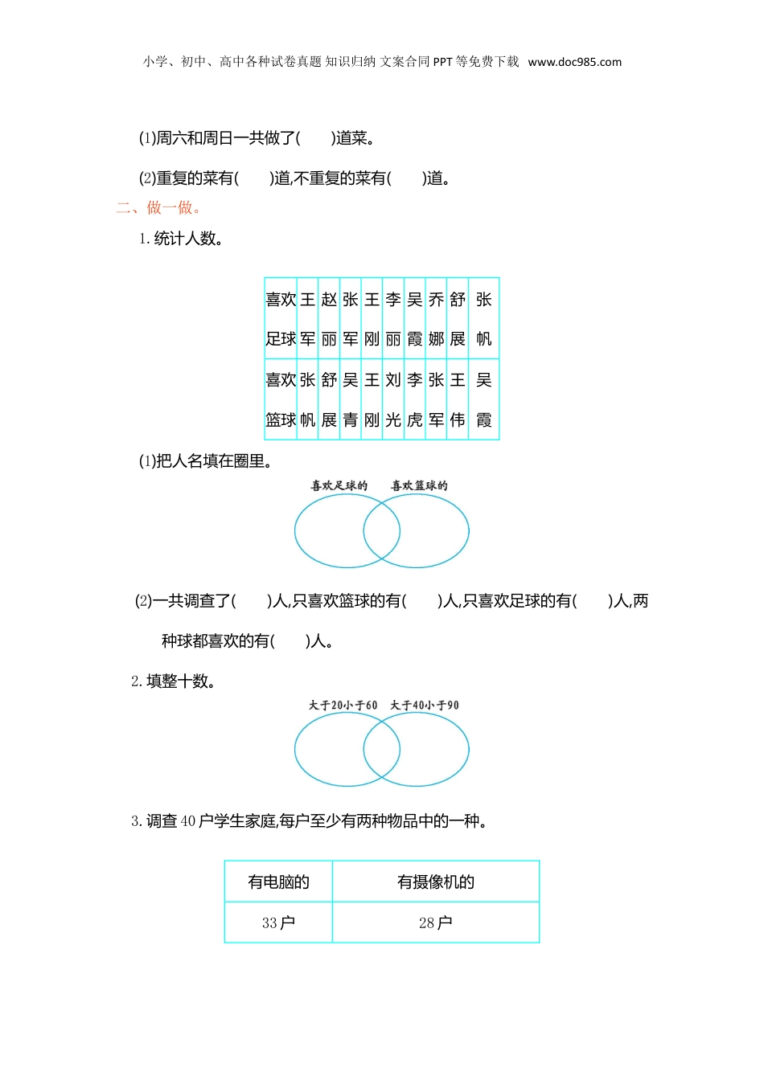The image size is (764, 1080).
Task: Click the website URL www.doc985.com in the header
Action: (x=574, y=62)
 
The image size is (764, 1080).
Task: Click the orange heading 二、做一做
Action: (x=158, y=208)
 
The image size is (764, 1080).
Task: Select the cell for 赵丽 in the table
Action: (x=329, y=318)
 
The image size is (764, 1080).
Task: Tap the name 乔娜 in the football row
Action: (x=436, y=318)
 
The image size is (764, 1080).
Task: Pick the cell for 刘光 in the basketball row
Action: (x=393, y=399)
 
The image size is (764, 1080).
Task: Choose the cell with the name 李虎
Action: (x=415, y=399)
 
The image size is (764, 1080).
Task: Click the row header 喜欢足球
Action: (x=281, y=318)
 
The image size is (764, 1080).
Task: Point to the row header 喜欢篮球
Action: (x=281, y=399)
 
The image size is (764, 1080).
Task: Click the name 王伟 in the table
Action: (x=458, y=399)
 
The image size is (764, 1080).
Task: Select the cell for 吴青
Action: (x=351, y=399)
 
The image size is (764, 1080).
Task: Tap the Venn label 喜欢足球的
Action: (x=339, y=485)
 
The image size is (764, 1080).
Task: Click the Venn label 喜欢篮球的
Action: (x=419, y=485)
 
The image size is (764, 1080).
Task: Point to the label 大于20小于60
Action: (x=343, y=706)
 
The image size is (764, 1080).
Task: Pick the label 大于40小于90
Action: (x=425, y=706)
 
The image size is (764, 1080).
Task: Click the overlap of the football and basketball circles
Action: (x=382, y=531)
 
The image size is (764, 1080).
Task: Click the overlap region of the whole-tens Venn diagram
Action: (x=382, y=749)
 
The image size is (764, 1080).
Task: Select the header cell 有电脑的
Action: (x=278, y=882)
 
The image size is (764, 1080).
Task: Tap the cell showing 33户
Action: (x=278, y=922)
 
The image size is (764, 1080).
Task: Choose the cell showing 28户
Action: (x=436, y=922)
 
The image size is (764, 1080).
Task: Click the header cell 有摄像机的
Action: (x=436, y=882)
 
